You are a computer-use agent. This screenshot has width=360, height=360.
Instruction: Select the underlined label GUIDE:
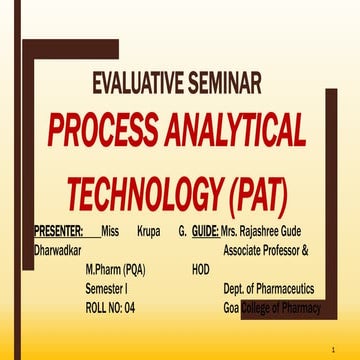205,230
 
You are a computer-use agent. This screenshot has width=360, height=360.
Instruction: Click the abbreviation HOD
201,269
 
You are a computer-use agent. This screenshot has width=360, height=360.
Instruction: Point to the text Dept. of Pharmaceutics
269,288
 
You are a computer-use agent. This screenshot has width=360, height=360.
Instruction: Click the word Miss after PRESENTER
111,230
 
